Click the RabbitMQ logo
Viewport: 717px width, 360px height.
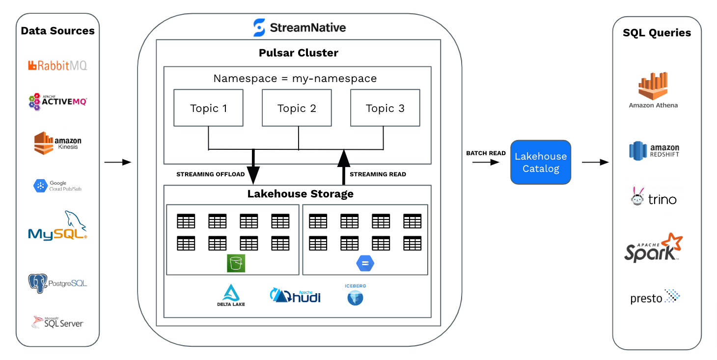pos(57,65)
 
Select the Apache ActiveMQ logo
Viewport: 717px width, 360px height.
pos(57,101)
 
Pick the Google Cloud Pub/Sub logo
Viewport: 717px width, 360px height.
pos(57,186)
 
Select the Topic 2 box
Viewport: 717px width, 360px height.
pos(297,108)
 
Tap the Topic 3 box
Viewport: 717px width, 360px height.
pos(385,108)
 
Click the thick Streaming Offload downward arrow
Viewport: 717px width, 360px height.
pos(253,167)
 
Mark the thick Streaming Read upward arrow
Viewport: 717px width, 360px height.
pos(344,167)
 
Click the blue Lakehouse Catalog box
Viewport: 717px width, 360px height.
pos(541,162)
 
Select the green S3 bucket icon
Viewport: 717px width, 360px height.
pos(236,263)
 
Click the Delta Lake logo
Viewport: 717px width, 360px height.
pos(231,295)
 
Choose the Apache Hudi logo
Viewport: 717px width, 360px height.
pos(295,295)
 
